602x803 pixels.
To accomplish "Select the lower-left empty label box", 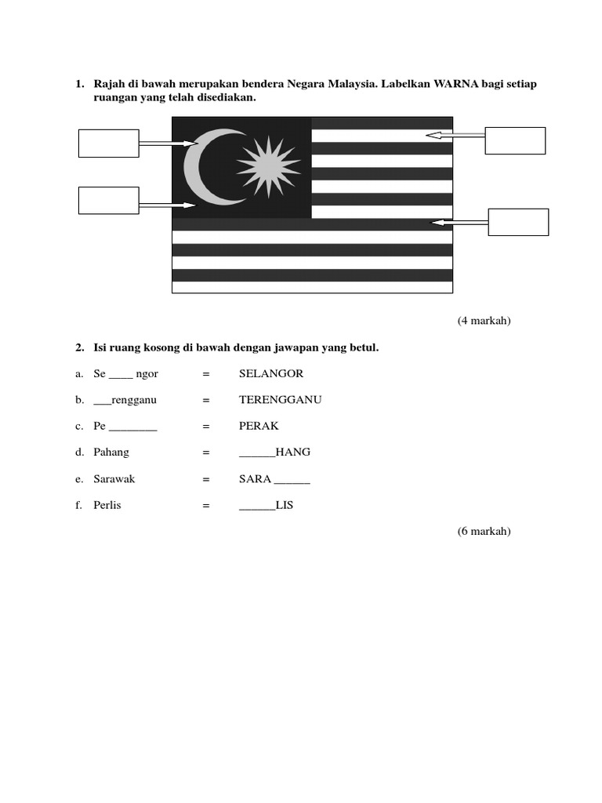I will point(108,200).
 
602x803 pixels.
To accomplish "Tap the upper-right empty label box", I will point(515,140).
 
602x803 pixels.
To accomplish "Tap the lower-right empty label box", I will point(518,222).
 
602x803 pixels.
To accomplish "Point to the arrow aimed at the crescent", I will point(168,144).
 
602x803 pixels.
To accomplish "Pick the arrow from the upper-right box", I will point(455,135).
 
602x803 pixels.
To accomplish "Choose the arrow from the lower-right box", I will point(459,223).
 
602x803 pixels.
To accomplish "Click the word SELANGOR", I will point(271,373).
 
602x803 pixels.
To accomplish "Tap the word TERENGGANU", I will point(281,400).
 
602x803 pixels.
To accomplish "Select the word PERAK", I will point(259,427).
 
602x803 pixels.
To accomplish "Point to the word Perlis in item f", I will point(107,506).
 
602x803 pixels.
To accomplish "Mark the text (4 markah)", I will point(484,321).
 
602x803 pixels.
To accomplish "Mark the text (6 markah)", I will point(484,532).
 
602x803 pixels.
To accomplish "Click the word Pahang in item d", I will point(111,452).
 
